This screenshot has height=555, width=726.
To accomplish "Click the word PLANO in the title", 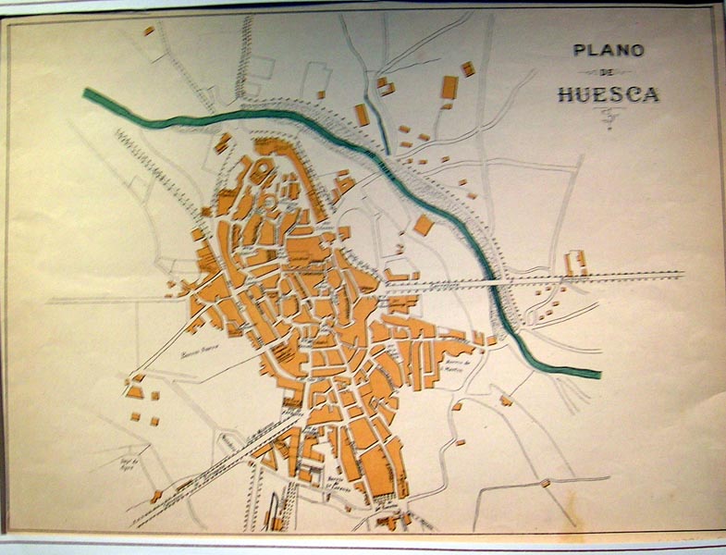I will [609, 50].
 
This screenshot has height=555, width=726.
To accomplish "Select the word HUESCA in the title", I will [609, 93].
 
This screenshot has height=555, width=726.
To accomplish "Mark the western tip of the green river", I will [87, 92].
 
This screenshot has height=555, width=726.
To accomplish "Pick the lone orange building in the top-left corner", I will [148, 31].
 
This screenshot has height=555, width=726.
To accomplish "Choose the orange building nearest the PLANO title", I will [468, 68].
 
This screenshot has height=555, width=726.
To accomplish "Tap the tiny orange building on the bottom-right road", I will [546, 482].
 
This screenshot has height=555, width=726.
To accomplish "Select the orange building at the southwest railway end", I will [156, 497].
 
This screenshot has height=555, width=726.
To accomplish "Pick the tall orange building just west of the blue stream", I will [362, 115].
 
